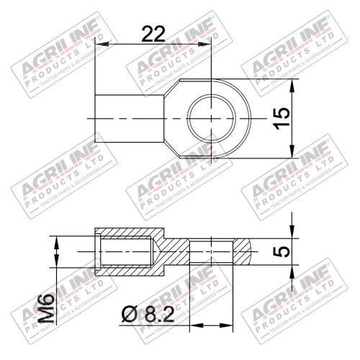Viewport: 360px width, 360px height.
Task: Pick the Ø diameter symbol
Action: point(130,315)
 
